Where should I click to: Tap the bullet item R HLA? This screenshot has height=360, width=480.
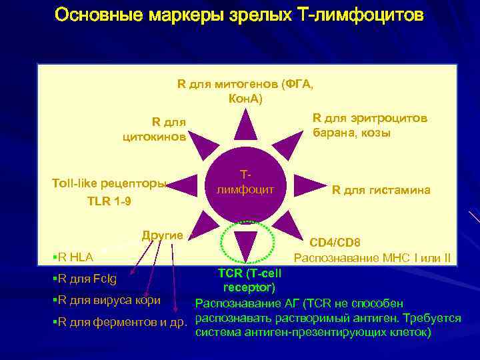point(75,257)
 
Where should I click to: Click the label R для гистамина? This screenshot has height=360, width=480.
point(381,191)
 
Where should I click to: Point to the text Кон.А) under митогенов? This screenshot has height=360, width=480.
point(245,99)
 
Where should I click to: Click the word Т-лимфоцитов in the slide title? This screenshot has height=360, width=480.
point(357,15)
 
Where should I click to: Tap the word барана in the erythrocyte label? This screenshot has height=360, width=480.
point(333,133)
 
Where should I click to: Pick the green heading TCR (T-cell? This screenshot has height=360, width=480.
point(249,273)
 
